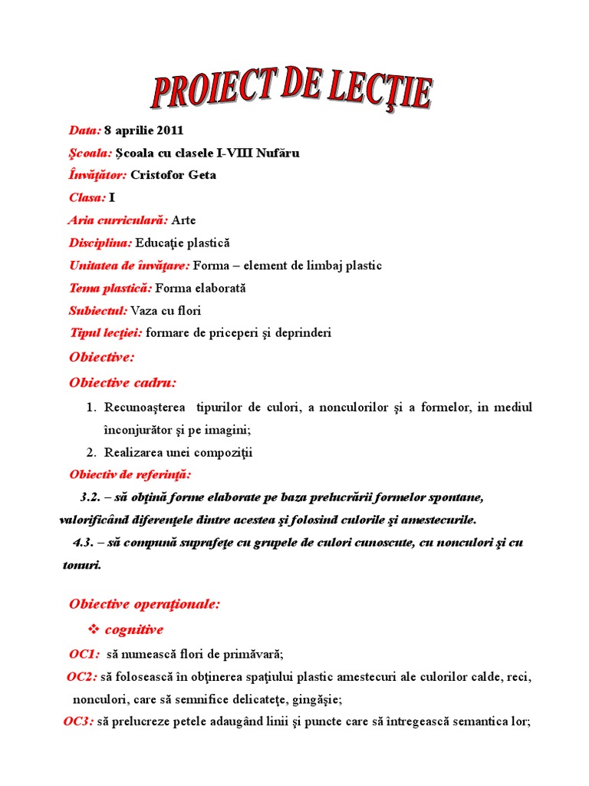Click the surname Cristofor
[x=157, y=175]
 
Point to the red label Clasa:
[x=87, y=197]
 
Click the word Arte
[x=184, y=220]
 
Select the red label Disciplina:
[x=100, y=243]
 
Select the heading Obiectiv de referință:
[x=130, y=474]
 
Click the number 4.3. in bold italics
[x=84, y=543]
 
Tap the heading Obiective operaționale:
[x=144, y=604]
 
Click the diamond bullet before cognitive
[x=95, y=629]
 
